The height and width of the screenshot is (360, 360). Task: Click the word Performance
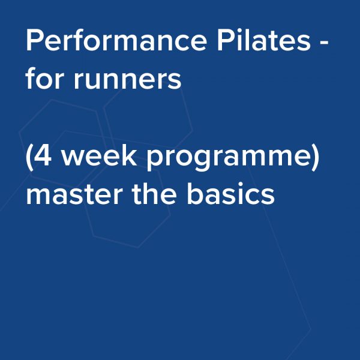[116, 40]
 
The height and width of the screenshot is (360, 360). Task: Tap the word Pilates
[264, 40]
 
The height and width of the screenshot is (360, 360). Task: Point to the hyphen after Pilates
[324, 43]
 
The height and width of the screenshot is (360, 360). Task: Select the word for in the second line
[44, 78]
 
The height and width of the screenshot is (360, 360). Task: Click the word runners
[127, 81]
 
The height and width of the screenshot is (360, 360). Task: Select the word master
[73, 194]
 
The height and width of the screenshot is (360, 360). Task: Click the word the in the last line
[154, 193]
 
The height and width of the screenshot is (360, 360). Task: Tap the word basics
[231, 193]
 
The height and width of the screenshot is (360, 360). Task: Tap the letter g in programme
[193, 160]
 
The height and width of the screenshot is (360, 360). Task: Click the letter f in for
[31, 78]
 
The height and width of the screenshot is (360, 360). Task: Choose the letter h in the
[152, 193]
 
